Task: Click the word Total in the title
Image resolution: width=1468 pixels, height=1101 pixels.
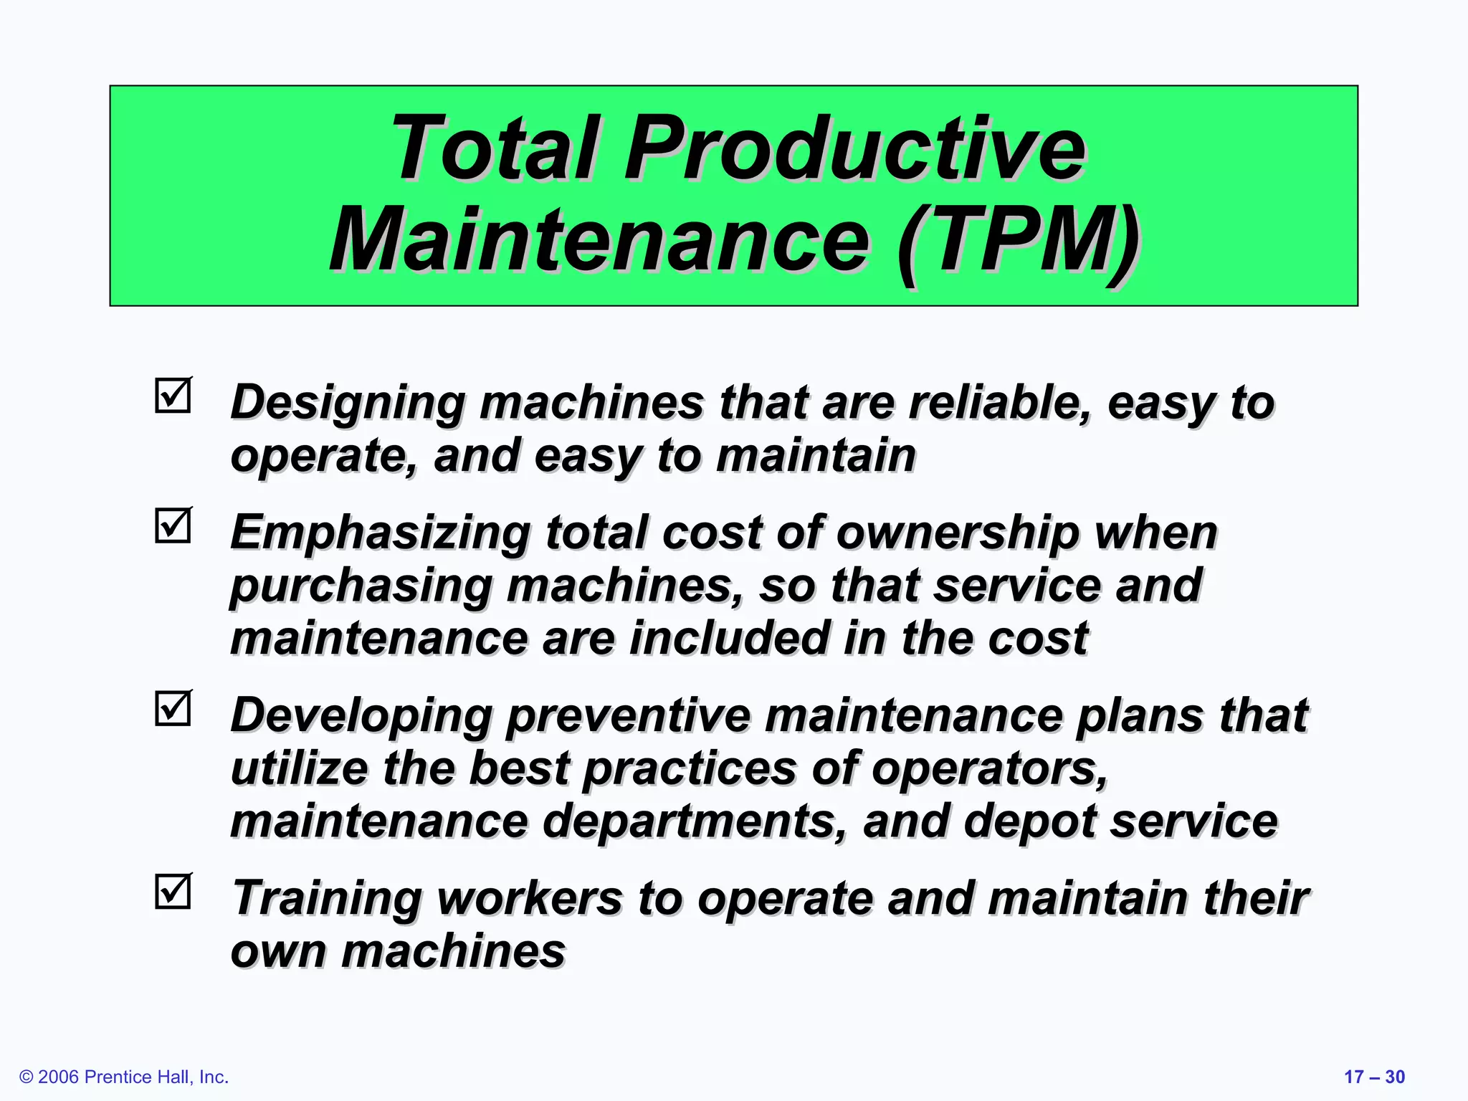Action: click(x=495, y=148)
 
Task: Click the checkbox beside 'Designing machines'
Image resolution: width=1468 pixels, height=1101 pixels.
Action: click(x=173, y=396)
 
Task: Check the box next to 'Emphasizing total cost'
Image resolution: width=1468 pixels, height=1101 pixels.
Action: click(x=173, y=525)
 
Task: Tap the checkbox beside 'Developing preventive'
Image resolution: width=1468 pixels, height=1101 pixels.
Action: click(x=173, y=708)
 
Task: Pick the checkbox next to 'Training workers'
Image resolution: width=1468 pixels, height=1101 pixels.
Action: click(x=173, y=892)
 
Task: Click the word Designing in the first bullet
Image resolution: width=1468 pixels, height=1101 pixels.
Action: click(x=348, y=404)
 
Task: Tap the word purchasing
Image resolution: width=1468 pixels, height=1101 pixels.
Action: click(x=361, y=586)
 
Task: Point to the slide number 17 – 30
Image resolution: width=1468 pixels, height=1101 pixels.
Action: click(x=1374, y=1077)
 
